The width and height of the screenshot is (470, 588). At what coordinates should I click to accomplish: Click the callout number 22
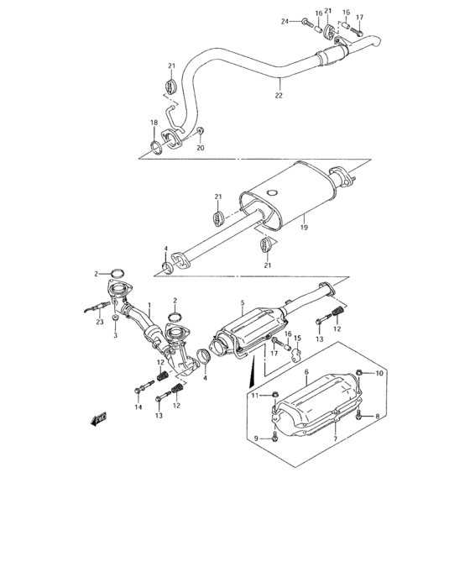pos(279,95)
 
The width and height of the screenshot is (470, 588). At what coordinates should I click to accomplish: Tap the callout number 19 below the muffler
pos(304,228)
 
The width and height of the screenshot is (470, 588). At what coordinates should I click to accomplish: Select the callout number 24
pos(285,21)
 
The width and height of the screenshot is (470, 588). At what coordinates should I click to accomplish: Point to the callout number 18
pos(154,123)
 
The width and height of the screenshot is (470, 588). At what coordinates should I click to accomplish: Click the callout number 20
pos(201,148)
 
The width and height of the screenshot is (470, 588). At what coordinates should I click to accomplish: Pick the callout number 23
pos(100,322)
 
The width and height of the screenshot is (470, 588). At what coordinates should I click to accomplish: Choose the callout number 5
pos(243,302)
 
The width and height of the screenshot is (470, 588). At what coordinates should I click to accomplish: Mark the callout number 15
pos(297,339)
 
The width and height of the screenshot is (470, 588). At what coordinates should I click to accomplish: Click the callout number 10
pos(379,373)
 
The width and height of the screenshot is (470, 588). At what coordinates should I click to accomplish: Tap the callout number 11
pos(255,396)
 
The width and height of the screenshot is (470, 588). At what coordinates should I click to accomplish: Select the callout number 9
pos(256,438)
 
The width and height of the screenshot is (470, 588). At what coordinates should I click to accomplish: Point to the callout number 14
pos(138,407)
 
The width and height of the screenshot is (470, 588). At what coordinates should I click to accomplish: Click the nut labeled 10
pos(358,373)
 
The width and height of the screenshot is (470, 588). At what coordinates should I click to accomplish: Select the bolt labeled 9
pos(275,436)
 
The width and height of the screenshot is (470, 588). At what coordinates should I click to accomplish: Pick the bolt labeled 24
pos(307,22)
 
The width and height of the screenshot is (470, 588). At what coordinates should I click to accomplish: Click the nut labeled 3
pos(116,318)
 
